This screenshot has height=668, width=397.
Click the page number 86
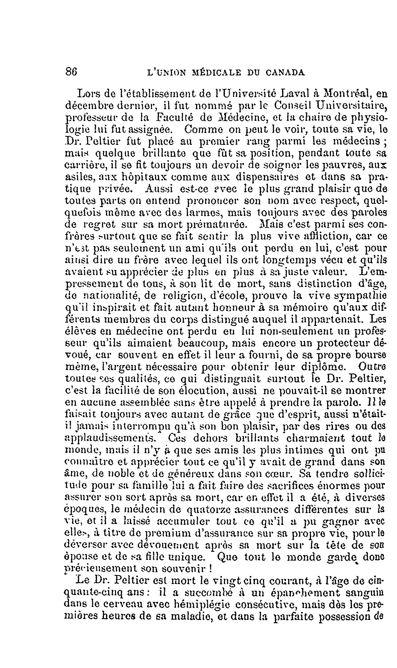click(71, 72)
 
